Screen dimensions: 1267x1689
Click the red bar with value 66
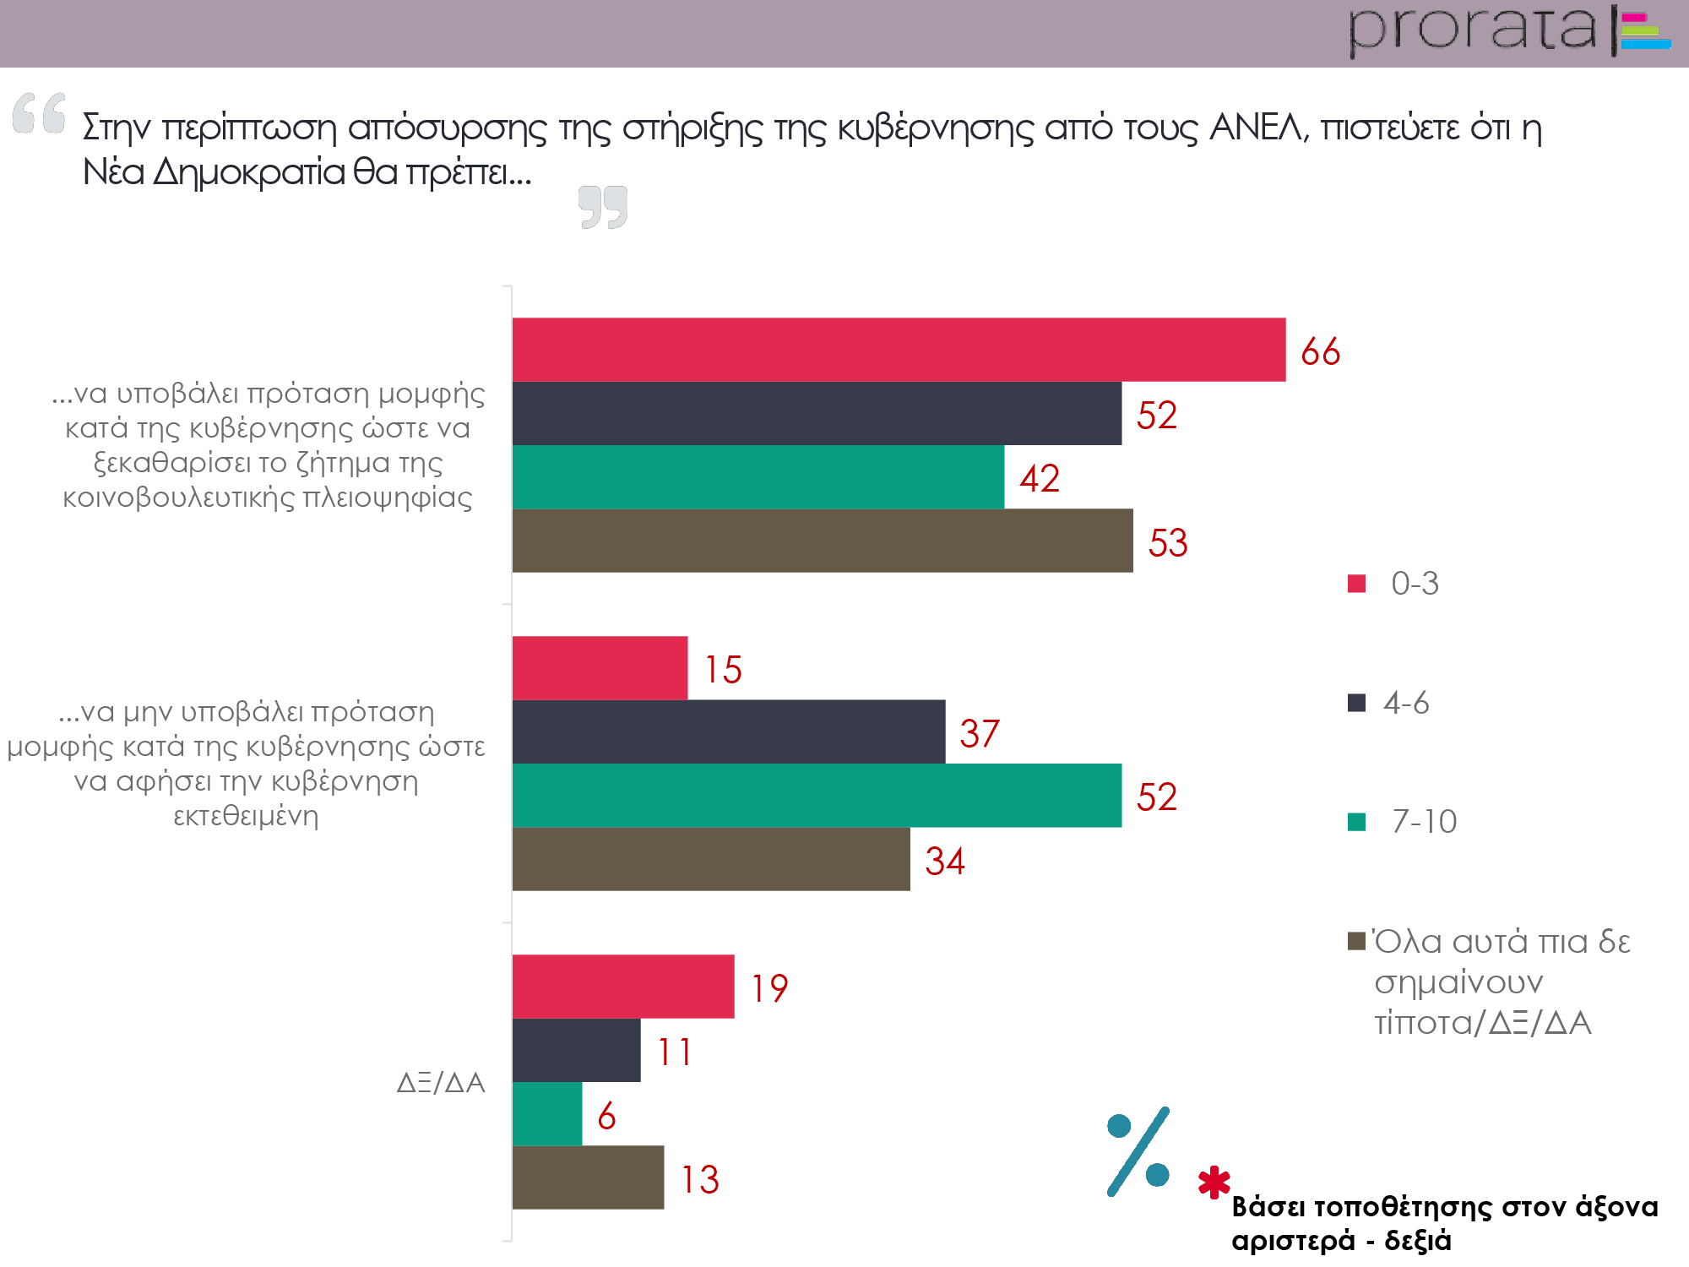click(x=899, y=350)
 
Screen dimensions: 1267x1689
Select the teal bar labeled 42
click(x=758, y=477)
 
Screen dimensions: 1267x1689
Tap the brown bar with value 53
click(x=823, y=541)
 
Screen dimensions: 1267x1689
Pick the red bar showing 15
click(x=600, y=668)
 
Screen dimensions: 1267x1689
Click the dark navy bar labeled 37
click(x=728, y=731)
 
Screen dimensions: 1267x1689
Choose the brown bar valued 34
click(x=711, y=859)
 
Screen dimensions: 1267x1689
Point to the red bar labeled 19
click(x=623, y=987)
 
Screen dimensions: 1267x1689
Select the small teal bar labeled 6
click(x=547, y=1114)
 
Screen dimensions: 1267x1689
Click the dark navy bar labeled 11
click(x=576, y=1050)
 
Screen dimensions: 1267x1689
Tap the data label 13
click(x=700, y=1179)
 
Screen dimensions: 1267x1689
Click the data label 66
click(x=1320, y=351)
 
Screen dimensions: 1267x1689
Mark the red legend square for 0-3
click(x=1356, y=584)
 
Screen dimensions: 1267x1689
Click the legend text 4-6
click(x=1406, y=703)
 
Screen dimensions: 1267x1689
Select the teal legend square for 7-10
click(x=1356, y=822)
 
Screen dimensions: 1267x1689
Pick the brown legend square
click(x=1356, y=941)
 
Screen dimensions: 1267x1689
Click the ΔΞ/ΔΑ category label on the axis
click(x=441, y=1082)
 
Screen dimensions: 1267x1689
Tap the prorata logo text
click(x=1472, y=30)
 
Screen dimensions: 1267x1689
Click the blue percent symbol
click(x=1138, y=1150)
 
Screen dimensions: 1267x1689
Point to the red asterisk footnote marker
click(x=1214, y=1183)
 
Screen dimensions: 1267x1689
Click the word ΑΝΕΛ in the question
click(x=1257, y=128)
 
